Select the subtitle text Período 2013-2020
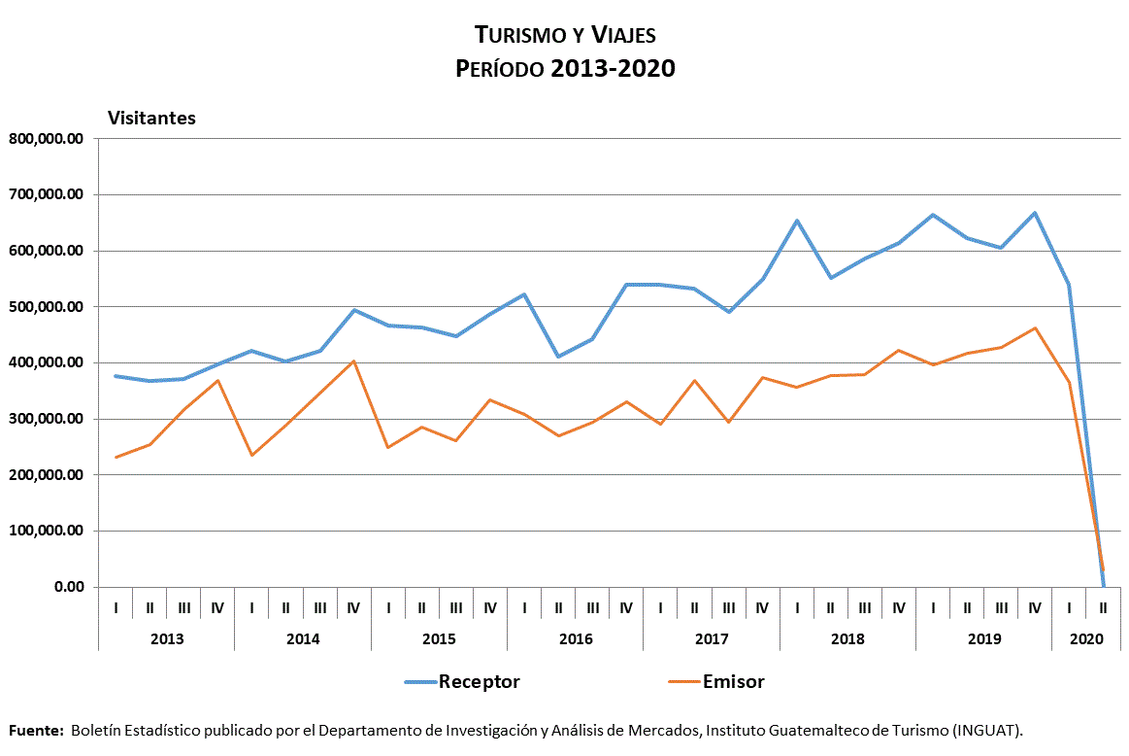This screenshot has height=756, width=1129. tap(565, 69)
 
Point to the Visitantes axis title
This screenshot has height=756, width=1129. tap(151, 118)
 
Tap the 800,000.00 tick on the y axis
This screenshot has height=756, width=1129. tap(46, 138)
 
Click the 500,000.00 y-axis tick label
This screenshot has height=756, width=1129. tap(46, 307)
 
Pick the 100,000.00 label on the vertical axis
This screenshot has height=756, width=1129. tap(46, 532)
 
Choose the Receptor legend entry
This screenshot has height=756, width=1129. tap(479, 681)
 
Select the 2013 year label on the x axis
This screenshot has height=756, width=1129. tap(167, 639)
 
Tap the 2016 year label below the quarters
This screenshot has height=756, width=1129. tap(575, 639)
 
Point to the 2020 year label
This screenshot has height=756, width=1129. tap(1085, 639)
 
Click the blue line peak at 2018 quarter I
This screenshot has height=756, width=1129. tap(797, 221)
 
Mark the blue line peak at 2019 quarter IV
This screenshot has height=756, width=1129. tap(1035, 213)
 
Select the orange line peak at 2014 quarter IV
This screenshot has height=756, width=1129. tap(354, 361)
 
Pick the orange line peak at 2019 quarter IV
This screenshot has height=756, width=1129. tap(1035, 327)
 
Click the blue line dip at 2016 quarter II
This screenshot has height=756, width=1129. tap(558, 357)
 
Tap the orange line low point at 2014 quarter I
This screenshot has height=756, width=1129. tap(252, 455)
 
